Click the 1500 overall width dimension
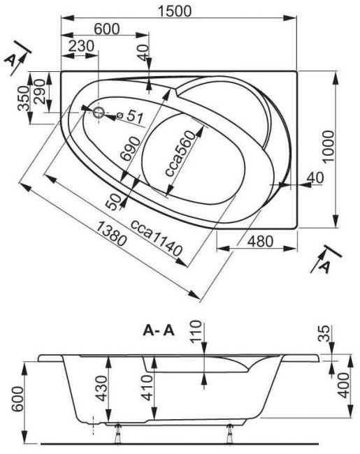[175, 11]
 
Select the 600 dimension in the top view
[107, 29]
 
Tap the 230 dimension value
[82, 45]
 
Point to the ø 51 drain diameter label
[130, 117]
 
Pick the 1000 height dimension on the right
[328, 147]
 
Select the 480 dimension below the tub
[261, 241]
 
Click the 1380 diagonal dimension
[111, 233]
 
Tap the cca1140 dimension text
[157, 238]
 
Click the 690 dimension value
[130, 149]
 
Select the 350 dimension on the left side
[24, 98]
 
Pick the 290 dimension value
[40, 91]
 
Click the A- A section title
[159, 330]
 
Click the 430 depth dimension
[101, 388]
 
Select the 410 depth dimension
[147, 388]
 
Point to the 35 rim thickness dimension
[324, 334]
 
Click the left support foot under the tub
[117, 433]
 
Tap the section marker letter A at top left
[10, 60]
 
